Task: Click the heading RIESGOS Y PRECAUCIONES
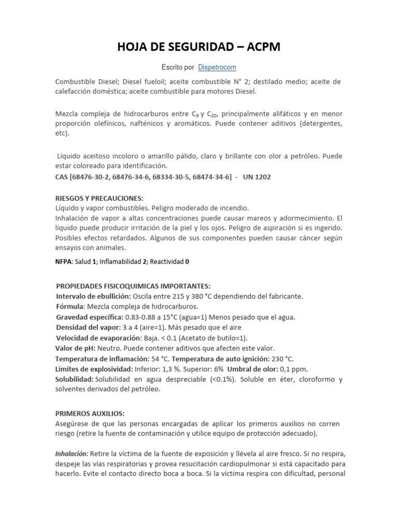pyautogui.click(x=99, y=198)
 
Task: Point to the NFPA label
pyautogui.click(x=63, y=261)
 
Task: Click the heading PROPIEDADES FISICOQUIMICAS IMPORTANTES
pyautogui.click(x=133, y=286)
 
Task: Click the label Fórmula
pyautogui.click(x=70, y=306)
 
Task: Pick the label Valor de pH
pyautogui.click(x=75, y=348)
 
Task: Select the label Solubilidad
pyautogui.click(x=75, y=379)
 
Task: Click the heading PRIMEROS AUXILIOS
pyautogui.click(x=90, y=414)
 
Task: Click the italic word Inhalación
pyautogui.click(x=72, y=454)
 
